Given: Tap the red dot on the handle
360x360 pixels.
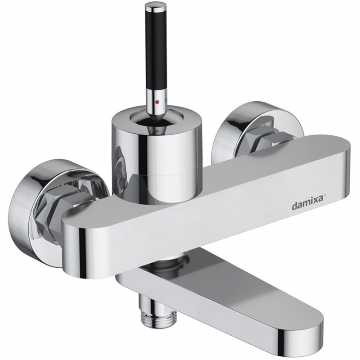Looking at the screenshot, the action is pyautogui.click(x=157, y=101).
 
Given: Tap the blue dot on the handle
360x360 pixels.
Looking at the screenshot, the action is pyautogui.click(x=166, y=100).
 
